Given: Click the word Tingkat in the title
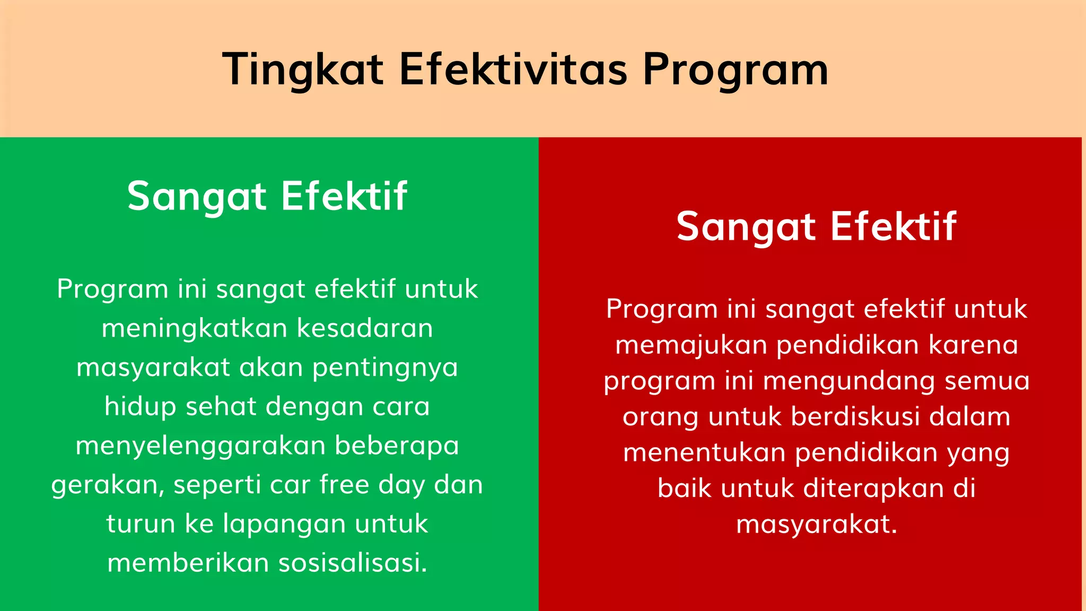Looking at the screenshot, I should pos(302,69).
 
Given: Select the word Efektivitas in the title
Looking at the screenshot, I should pos(513,69).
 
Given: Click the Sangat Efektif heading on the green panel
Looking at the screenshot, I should pos(267,196).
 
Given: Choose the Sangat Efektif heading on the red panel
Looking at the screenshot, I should pos(816,226).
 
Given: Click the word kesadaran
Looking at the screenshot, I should pos(365,328).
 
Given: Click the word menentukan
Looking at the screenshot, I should pos(704,453).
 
